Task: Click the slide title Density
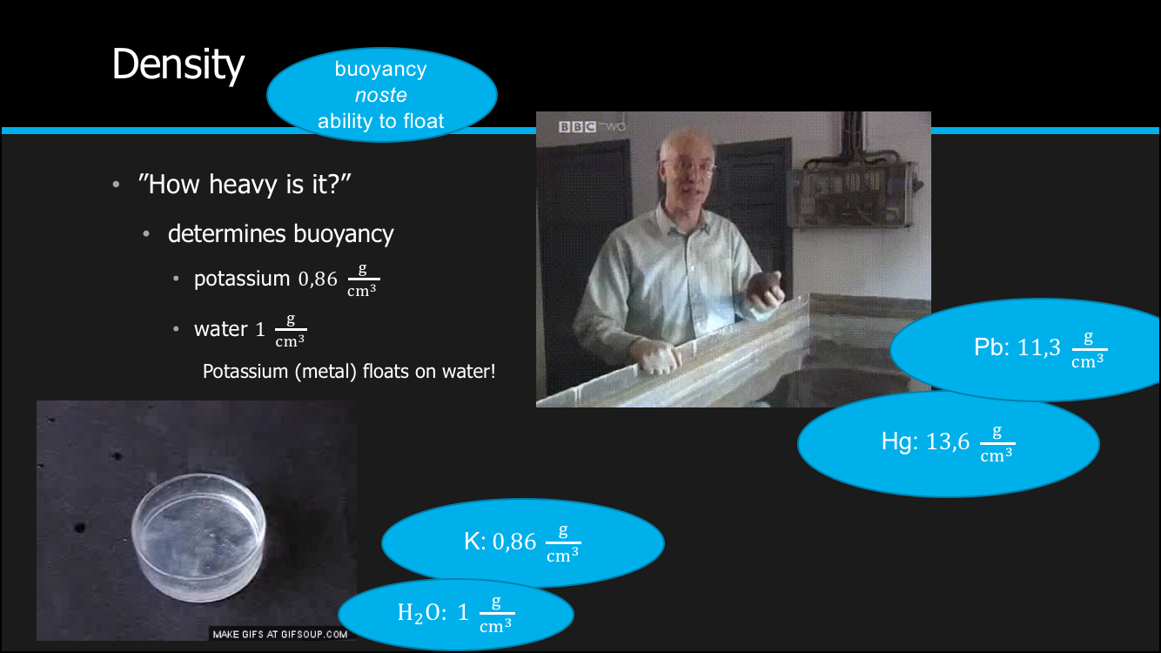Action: tap(178, 65)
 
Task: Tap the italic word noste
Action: tap(381, 96)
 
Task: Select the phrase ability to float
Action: tap(381, 121)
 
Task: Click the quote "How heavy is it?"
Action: tap(245, 184)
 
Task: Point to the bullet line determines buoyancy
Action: tap(280, 234)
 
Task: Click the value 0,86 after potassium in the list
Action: tap(318, 279)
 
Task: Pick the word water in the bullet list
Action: tap(221, 329)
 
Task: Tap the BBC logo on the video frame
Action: tap(577, 127)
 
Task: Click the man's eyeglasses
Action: tap(688, 166)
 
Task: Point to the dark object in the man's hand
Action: tap(764, 288)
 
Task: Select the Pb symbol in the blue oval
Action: tap(991, 347)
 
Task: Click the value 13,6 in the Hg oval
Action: tap(948, 442)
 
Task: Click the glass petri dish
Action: tap(198, 537)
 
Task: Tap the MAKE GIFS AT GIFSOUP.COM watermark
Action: tap(280, 635)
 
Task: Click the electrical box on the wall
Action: tap(854, 194)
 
